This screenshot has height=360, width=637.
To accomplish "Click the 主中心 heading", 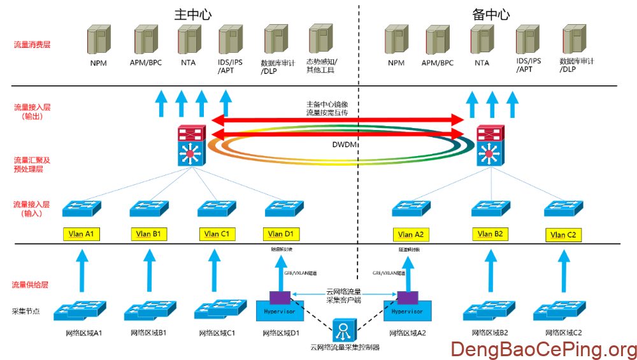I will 192,14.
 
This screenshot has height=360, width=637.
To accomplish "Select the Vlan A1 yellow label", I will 82,234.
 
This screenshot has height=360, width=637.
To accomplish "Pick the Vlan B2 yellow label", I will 491,234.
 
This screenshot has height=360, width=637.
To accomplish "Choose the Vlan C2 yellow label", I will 563,235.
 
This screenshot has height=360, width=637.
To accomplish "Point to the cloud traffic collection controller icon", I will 345,329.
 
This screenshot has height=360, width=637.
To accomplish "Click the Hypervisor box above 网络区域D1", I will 275,311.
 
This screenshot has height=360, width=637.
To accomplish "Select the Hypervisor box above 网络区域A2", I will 407,311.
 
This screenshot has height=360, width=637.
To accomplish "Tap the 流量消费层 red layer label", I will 32,45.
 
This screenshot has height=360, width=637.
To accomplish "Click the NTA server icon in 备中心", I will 482,39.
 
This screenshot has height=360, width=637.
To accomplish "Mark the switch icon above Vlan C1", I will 217,208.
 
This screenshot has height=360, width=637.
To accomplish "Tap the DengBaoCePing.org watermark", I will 543,349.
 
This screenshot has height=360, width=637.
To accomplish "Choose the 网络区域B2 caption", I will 489,333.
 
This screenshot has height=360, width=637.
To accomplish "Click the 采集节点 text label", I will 27,312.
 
